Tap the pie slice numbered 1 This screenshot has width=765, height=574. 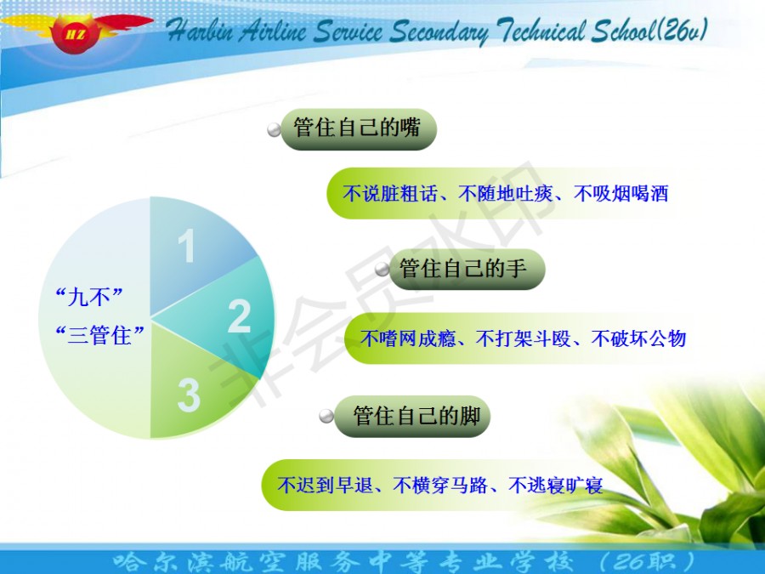(x=190, y=253)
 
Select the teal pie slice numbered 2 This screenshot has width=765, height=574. (x=229, y=317)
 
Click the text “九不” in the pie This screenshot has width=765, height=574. (x=88, y=296)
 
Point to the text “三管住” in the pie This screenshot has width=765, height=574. (x=99, y=335)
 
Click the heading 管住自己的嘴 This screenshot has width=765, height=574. (x=357, y=128)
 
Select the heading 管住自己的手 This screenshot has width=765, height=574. (x=463, y=268)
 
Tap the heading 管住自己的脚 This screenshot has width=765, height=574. (x=416, y=416)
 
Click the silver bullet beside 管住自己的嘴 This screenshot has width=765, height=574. (x=275, y=130)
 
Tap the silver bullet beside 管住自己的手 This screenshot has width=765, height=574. (x=382, y=270)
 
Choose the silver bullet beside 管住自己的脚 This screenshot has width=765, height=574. (x=326, y=417)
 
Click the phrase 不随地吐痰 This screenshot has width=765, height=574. (x=505, y=194)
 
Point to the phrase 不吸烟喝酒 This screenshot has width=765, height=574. (x=620, y=194)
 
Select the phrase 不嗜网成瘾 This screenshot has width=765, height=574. (x=407, y=338)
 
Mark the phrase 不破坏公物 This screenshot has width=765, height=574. (x=638, y=338)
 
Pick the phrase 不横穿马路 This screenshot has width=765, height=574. (x=440, y=486)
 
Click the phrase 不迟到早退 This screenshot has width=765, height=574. (x=325, y=486)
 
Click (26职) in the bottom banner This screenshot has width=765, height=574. (x=648, y=562)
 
